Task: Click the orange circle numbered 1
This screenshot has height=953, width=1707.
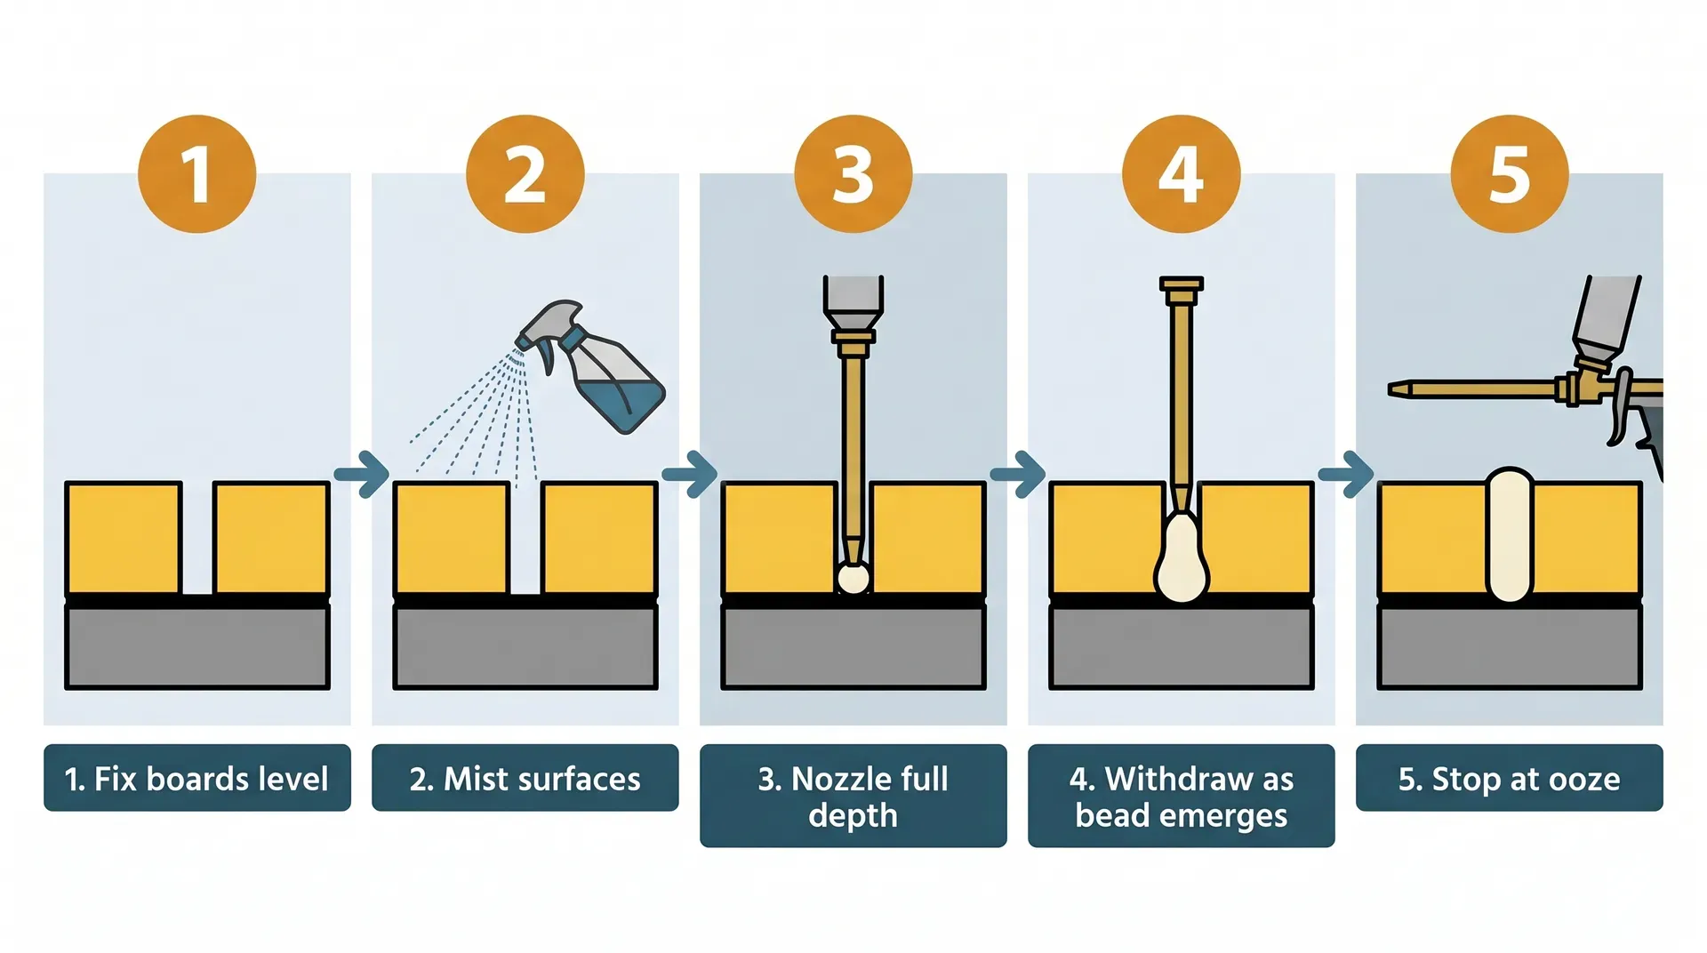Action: click(196, 174)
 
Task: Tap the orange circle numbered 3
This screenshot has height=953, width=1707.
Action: click(853, 174)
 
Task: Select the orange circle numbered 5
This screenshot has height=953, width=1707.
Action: click(1509, 174)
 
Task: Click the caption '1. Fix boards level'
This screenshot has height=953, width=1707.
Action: click(196, 778)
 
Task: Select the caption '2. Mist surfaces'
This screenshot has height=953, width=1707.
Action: click(525, 778)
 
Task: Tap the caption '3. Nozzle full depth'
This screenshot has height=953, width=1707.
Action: click(853, 796)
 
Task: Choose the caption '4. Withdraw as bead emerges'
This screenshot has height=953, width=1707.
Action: click(1181, 796)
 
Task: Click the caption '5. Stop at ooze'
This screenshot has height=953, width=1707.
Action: click(1509, 778)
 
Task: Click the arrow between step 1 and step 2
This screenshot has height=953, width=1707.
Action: click(362, 474)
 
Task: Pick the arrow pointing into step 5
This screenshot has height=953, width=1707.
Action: click(1346, 474)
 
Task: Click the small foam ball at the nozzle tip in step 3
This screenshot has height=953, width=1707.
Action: click(853, 579)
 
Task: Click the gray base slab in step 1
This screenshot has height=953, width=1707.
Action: click(196, 646)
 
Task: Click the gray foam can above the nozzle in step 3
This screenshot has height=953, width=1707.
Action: click(853, 295)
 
